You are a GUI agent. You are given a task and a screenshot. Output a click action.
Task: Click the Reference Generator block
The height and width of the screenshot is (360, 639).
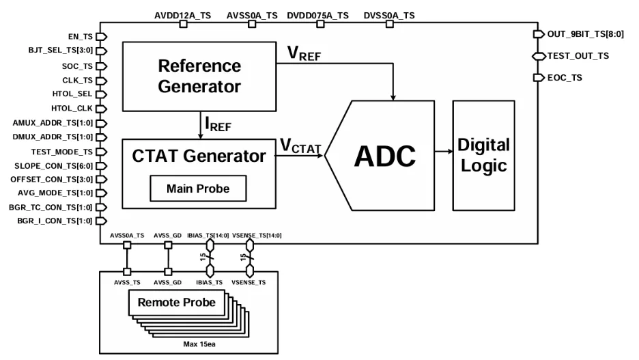pyautogui.click(x=199, y=76)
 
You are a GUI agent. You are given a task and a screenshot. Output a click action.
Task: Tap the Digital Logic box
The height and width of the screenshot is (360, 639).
pyautogui.click(x=483, y=155)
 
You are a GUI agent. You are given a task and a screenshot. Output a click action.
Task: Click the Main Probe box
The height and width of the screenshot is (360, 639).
pyautogui.click(x=198, y=189)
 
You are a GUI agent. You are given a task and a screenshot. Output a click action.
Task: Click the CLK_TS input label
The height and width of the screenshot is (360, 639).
pyautogui.click(x=78, y=80)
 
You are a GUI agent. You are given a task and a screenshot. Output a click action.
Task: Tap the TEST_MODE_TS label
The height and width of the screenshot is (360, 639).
pyautogui.click(x=61, y=151)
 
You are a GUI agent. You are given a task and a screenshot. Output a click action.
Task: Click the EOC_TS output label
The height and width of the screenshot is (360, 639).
pyautogui.click(x=565, y=78)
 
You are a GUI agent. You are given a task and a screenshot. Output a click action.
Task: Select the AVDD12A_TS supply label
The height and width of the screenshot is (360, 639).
pyautogui.click(x=182, y=15)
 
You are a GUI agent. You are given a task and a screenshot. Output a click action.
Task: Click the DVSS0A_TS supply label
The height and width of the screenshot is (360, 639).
pyautogui.click(x=389, y=15)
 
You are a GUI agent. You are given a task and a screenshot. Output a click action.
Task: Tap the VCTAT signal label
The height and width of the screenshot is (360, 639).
pyautogui.click(x=300, y=146)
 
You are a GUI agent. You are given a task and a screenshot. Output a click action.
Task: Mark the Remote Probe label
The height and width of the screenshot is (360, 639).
pyautogui.click(x=176, y=302)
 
